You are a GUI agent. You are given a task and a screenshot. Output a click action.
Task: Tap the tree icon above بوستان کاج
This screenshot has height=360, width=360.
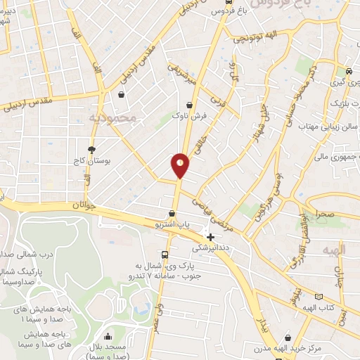[x=91, y=149]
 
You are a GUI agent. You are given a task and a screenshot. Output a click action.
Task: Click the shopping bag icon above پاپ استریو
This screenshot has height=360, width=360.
[x=172, y=213]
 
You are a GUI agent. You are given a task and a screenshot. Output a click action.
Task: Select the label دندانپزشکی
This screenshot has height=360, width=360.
[x=210, y=247]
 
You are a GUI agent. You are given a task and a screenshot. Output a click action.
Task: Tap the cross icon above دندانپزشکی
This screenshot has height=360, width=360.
[x=210, y=237]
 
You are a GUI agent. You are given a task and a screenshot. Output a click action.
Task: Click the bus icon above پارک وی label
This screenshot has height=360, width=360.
[x=165, y=255]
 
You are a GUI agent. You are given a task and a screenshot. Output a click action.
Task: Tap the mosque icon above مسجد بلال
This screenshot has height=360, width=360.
[x=108, y=336]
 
